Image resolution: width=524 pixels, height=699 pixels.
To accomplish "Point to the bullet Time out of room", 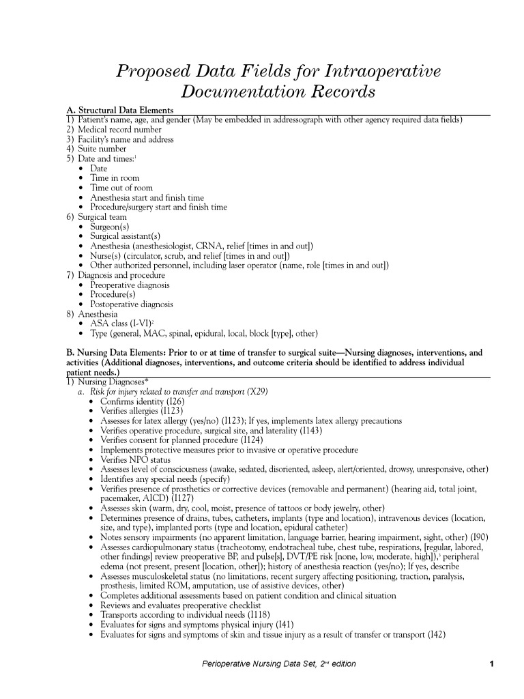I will pos(121,188).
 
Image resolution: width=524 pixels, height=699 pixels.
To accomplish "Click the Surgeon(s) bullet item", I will pos(110,227).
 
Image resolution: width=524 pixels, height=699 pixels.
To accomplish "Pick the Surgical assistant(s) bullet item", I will pos(125,236).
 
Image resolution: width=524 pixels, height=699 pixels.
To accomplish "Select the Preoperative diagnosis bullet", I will pos(130,285).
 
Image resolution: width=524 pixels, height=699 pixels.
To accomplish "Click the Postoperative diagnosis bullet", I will pos(132,304).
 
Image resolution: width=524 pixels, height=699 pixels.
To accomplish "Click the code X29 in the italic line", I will pos(258,392).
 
